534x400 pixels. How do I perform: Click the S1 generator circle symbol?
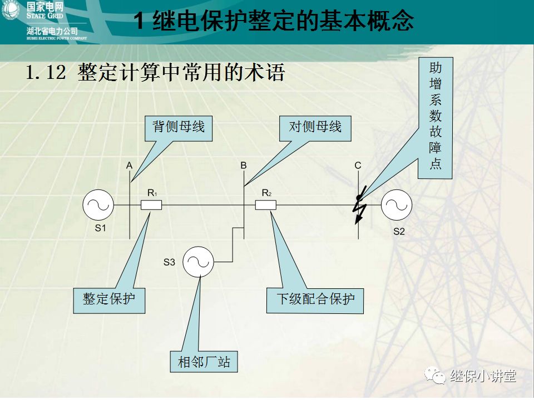pos(98,204)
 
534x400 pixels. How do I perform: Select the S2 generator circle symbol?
pos(397,205)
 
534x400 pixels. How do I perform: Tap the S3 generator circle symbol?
pos(199,261)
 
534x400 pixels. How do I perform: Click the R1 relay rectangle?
pos(151,205)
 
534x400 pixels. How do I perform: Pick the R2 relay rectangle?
pos(266,205)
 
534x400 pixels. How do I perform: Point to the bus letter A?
pos(129,166)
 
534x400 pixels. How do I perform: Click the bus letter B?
pos(244,166)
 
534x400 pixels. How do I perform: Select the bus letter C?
pos(358,166)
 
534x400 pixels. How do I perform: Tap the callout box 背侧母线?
pos(179,127)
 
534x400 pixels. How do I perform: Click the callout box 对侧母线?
pos(315,127)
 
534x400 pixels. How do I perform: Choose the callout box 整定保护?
pos(109,299)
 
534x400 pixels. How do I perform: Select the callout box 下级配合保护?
pos(315,299)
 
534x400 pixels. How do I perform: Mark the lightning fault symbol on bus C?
pos(358,205)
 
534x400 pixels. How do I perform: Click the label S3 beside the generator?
pos(169,262)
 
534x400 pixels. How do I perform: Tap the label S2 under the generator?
pos(399,232)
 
